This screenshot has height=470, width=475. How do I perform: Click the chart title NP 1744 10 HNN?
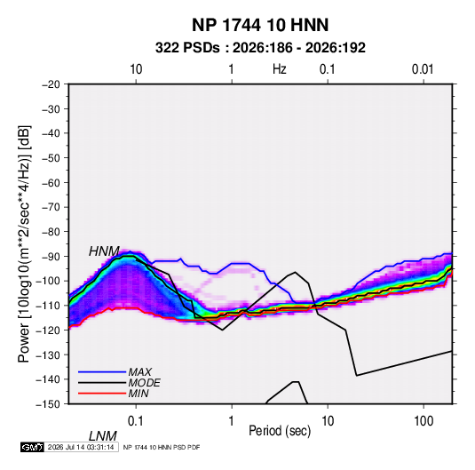[x=260, y=25]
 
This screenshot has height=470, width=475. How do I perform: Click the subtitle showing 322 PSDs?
[x=260, y=48]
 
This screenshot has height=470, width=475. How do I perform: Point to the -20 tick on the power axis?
[x=51, y=84]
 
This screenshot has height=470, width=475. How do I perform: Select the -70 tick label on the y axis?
[x=51, y=207]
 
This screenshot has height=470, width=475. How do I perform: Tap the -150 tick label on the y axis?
[x=49, y=404]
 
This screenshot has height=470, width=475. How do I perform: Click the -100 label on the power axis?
[x=49, y=281]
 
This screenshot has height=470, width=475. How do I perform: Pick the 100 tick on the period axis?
[x=424, y=421]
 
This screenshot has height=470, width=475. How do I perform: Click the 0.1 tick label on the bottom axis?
[x=135, y=421]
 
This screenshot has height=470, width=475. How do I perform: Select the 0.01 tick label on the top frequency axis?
[x=423, y=69]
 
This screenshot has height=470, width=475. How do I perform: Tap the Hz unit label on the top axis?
[x=280, y=69]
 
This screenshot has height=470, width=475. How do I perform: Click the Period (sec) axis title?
[x=280, y=431]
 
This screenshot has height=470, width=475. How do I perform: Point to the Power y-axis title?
[x=24, y=244]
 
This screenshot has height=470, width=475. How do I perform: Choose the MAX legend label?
[x=139, y=372]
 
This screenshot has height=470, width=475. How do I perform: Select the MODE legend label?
[x=144, y=383]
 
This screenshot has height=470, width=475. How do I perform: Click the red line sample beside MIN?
[x=102, y=394]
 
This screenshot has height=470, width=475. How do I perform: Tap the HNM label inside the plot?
[x=104, y=251]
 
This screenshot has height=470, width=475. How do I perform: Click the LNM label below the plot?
[x=102, y=436]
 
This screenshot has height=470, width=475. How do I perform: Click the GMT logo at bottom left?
[x=33, y=447]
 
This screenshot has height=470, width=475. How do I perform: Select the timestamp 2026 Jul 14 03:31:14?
[x=81, y=447]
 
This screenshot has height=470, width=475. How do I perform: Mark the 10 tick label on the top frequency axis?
[x=136, y=69]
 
